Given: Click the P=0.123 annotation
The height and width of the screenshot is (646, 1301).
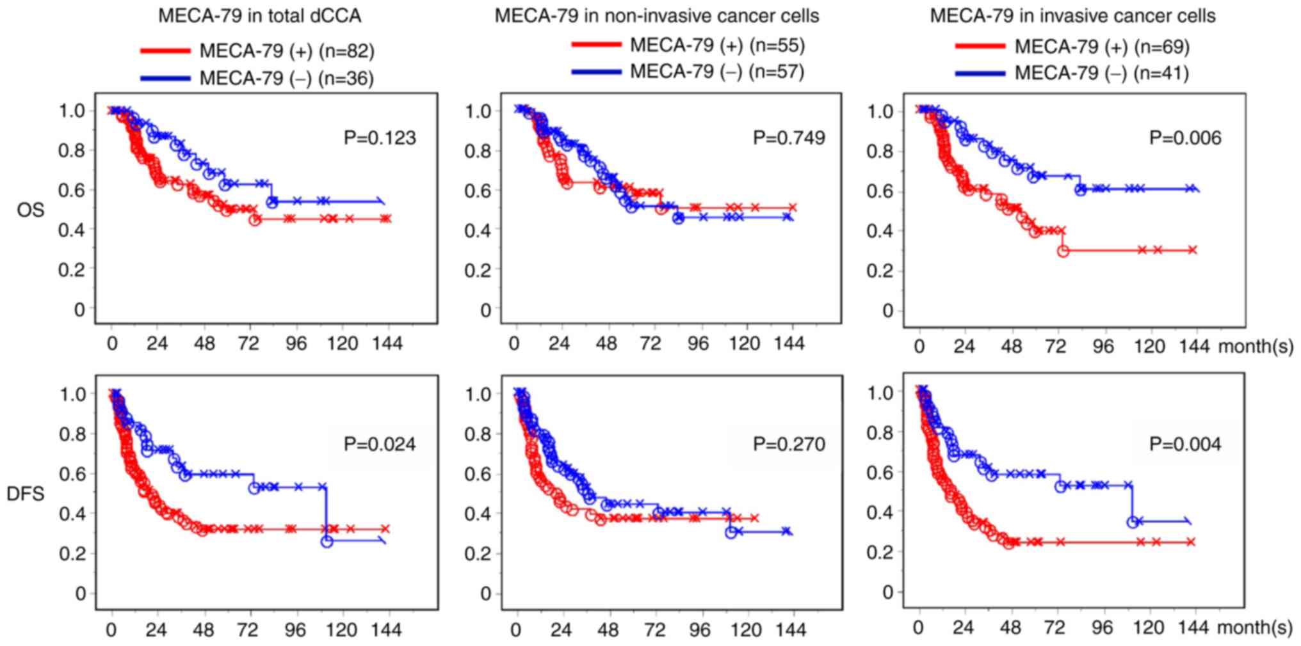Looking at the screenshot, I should (380, 138).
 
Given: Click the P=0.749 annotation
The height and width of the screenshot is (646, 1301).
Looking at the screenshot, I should (789, 138).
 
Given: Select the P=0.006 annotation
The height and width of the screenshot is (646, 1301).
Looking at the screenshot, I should (1185, 138).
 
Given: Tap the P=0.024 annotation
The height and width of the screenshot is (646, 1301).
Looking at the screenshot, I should (380, 444).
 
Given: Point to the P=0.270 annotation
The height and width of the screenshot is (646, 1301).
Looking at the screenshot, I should (789, 444).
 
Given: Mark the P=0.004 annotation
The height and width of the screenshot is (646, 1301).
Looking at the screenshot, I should (1185, 444).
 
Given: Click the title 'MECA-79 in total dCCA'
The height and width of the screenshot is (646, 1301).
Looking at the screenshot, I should (259, 16).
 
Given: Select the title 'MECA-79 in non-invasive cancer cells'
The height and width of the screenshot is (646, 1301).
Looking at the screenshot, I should (656, 16).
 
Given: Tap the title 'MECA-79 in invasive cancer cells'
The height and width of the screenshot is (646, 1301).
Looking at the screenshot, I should (1072, 16).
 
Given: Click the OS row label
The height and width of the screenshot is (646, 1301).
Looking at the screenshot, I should (31, 209).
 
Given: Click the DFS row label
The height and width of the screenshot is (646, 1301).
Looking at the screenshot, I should (26, 493).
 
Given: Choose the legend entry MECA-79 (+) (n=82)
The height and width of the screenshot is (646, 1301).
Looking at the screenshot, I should (287, 51).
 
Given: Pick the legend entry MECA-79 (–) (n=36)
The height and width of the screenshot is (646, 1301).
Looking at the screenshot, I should (287, 78).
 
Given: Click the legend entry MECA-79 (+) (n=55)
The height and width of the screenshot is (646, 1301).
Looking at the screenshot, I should (717, 45).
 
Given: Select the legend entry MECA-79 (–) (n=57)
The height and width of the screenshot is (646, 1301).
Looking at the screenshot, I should (717, 71).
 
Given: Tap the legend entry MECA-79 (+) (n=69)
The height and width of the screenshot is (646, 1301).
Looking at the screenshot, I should (1102, 47).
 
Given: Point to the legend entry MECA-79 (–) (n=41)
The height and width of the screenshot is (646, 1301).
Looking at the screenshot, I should (1102, 74).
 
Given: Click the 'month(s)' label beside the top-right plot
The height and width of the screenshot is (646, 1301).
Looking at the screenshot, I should (1255, 347).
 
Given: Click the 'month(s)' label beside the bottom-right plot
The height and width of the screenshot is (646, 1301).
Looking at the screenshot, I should (1254, 628).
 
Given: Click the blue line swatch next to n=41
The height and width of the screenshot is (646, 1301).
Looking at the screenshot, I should (980, 74).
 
